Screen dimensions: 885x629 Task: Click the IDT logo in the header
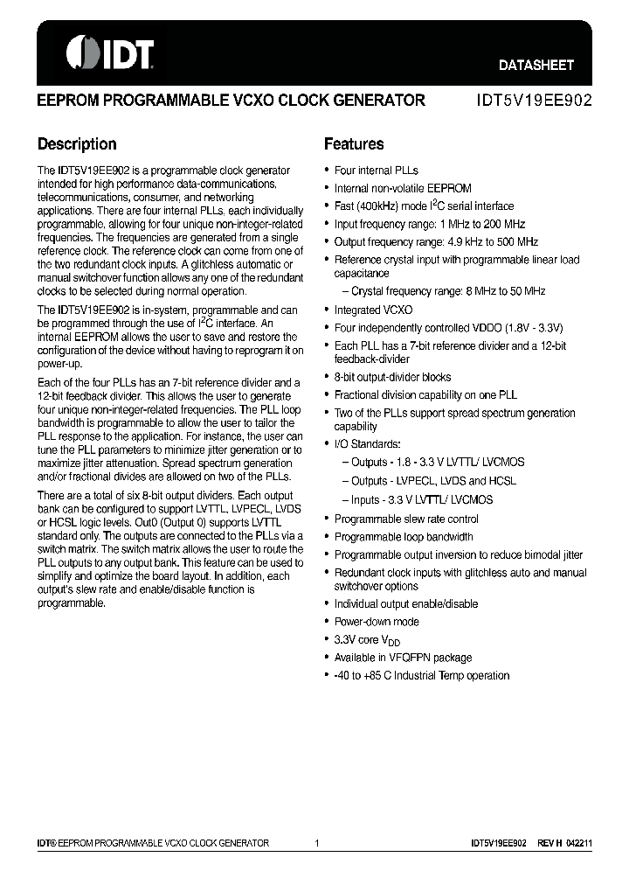click(x=110, y=53)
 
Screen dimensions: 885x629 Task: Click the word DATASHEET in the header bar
click(x=536, y=65)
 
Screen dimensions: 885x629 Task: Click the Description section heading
click(x=77, y=144)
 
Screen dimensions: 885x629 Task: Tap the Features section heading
click(x=354, y=144)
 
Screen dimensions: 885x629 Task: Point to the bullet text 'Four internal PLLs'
click(x=377, y=171)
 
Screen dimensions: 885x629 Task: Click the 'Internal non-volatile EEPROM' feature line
click(x=403, y=188)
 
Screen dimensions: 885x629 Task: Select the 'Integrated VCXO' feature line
click(x=373, y=310)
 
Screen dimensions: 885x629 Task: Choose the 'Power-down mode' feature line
click(x=377, y=622)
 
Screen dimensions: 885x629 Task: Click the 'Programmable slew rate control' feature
click(x=406, y=519)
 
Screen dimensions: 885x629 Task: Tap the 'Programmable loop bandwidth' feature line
click(x=404, y=537)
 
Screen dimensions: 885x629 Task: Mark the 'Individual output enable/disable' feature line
click(x=406, y=604)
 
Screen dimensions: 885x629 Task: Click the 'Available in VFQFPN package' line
click(x=403, y=658)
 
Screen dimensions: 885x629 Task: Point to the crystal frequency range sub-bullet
click(x=448, y=291)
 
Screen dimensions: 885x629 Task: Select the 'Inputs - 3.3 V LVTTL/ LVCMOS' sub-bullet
click(x=422, y=499)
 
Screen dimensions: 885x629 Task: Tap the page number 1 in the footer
click(x=317, y=843)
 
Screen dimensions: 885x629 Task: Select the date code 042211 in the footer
click(x=578, y=843)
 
